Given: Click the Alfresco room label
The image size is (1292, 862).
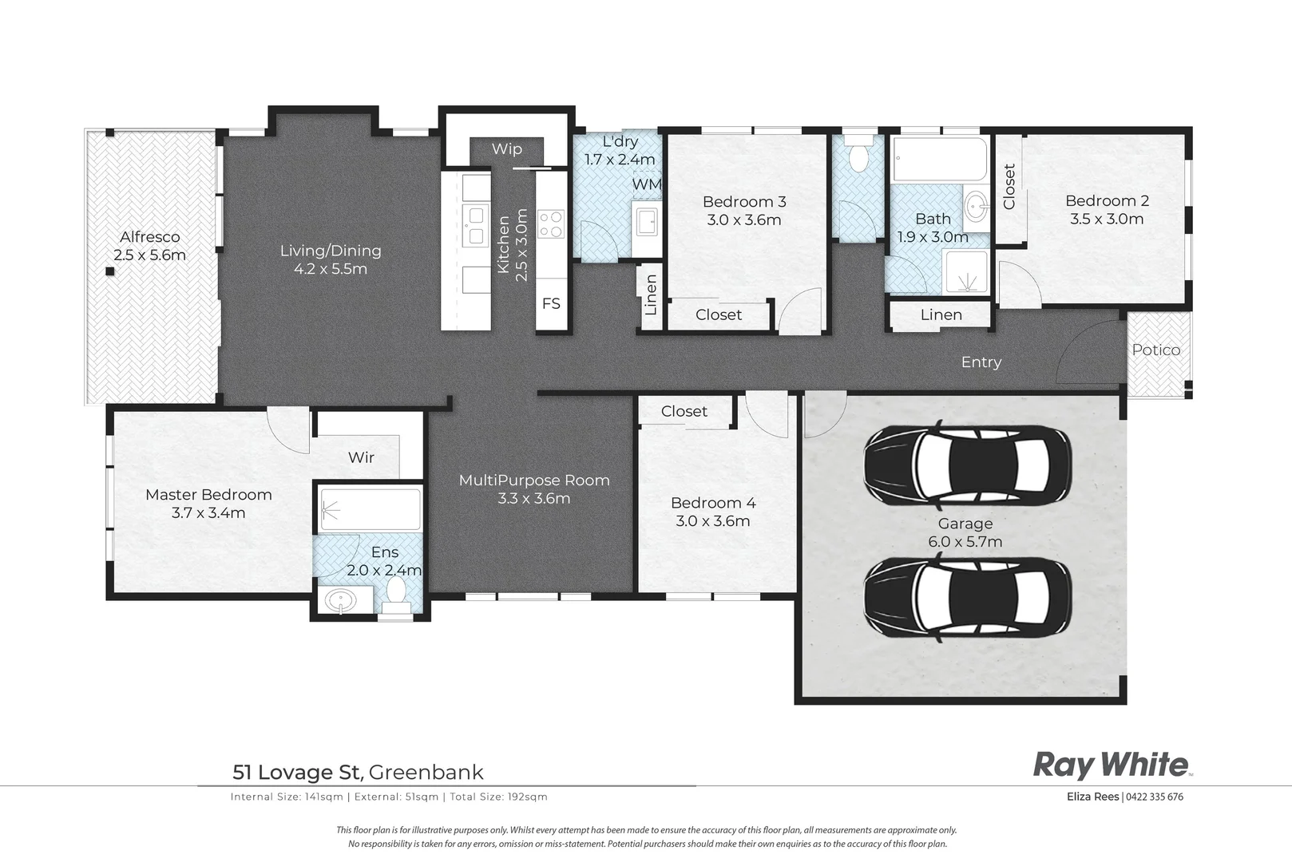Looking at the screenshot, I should [x=149, y=237].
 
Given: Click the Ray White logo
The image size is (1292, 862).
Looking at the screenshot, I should [x=1111, y=765].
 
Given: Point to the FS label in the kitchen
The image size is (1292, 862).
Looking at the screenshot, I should [x=551, y=304].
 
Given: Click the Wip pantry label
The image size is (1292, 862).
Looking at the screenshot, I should [x=506, y=149].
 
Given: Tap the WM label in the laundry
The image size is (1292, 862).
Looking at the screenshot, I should [x=646, y=184].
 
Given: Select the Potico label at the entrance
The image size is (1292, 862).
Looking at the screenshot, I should [x=1155, y=350].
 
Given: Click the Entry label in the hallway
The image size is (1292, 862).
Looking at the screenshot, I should [x=981, y=362].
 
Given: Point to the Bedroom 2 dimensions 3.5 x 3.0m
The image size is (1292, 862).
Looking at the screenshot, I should [x=1107, y=219].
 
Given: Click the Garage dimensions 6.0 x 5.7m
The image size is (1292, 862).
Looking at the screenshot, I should [x=965, y=542].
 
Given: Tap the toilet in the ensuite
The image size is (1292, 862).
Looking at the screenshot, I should [x=396, y=594].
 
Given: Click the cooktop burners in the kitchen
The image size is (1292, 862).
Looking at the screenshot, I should [x=551, y=223].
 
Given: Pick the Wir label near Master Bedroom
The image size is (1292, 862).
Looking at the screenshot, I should [x=361, y=458].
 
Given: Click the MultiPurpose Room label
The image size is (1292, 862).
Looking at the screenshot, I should [x=534, y=480].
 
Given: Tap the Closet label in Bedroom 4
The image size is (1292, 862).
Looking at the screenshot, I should [x=684, y=411].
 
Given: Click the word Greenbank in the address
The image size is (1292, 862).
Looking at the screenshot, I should [x=426, y=773].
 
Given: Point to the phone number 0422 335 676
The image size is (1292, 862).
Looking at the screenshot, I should [x=1155, y=797].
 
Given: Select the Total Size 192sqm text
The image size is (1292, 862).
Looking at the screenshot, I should [x=498, y=797].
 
